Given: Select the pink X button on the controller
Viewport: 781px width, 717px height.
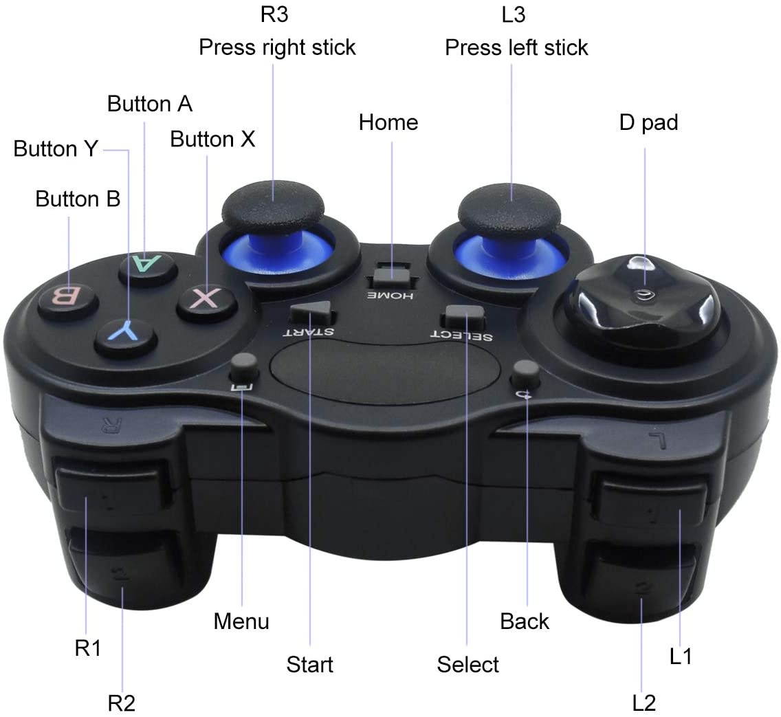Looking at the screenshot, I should pyautogui.click(x=206, y=300).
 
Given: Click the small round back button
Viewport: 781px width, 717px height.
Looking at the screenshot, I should pyautogui.click(x=526, y=372).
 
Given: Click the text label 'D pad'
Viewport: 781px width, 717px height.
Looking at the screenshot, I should pyautogui.click(x=648, y=122).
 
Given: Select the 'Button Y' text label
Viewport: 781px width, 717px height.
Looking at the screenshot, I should pyautogui.click(x=56, y=148).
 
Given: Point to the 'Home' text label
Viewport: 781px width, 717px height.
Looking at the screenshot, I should pyautogui.click(x=388, y=122).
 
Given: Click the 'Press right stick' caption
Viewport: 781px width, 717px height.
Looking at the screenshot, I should pyautogui.click(x=277, y=47).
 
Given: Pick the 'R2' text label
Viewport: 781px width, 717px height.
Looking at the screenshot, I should pyautogui.click(x=122, y=703).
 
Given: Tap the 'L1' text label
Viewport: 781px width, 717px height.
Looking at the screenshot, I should pyautogui.click(x=681, y=657).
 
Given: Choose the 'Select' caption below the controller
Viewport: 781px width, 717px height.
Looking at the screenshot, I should pyautogui.click(x=467, y=664).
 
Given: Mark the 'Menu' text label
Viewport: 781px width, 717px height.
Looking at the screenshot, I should pyautogui.click(x=241, y=621).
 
